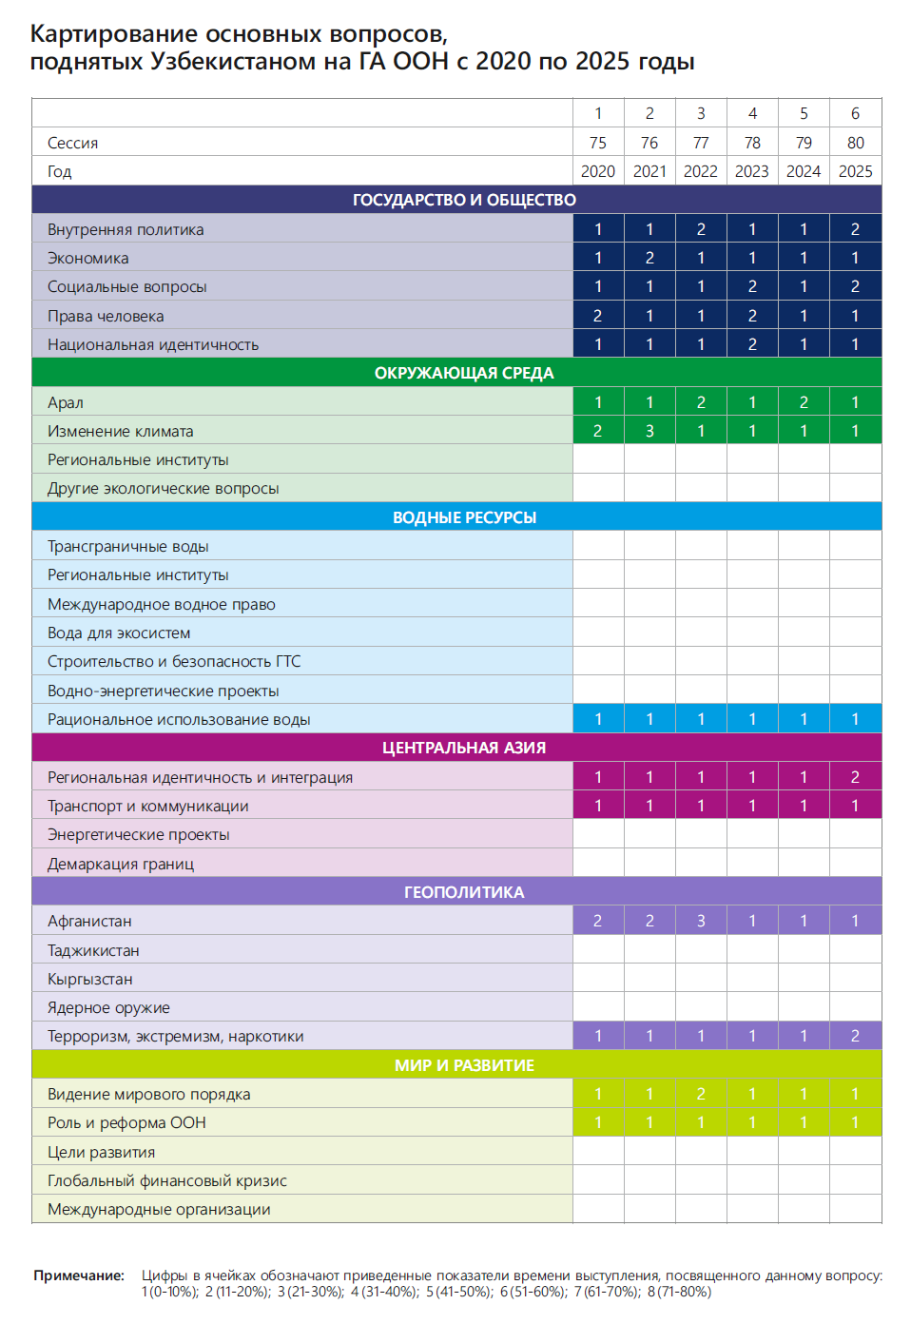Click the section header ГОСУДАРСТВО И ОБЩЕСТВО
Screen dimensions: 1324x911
(464, 200)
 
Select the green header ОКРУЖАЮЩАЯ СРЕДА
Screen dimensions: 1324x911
(464, 373)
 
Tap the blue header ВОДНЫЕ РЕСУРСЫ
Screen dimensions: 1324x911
(464, 517)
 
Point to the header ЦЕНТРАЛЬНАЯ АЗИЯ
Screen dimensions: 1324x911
(464, 748)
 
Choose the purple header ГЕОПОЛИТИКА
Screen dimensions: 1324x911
(464, 892)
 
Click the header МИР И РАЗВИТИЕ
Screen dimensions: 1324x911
(464, 1065)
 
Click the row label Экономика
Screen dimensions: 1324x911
(88, 258)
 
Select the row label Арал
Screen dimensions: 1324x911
(66, 402)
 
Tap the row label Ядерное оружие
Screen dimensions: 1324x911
(108, 1007)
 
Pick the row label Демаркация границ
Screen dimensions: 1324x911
(121, 864)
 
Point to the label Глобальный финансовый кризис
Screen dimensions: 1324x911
(167, 1180)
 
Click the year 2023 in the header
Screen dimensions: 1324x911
(752, 171)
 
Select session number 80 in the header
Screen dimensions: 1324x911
(856, 143)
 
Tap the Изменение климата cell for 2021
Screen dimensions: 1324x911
(649, 431)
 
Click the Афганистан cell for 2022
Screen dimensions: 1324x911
(701, 921)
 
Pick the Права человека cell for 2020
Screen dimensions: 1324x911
(598, 316)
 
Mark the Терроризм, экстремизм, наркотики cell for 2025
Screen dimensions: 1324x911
(856, 1036)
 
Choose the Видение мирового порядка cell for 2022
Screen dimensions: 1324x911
(701, 1094)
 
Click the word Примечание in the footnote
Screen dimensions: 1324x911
(79, 1275)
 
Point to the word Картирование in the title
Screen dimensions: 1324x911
(114, 34)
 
